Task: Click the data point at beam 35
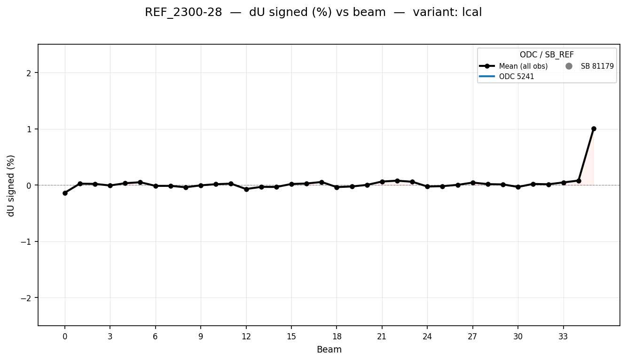coord(594,128)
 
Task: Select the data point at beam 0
coord(65,193)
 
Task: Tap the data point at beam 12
coord(246,189)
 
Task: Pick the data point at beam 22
coord(397,181)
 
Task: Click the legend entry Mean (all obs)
coord(523,66)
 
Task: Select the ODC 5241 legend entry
coord(516,77)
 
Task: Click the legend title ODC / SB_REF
coord(547,55)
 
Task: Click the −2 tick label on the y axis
coord(27,298)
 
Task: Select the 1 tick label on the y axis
coord(29,129)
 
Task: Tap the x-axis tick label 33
coord(563,337)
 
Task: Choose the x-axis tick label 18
coord(337,337)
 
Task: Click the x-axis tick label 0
coord(65,337)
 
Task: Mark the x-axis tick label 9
coord(201,337)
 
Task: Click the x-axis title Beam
coord(329,350)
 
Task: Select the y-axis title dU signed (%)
coord(11,185)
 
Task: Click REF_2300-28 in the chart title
coord(183,13)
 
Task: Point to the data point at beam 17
coord(321,182)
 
